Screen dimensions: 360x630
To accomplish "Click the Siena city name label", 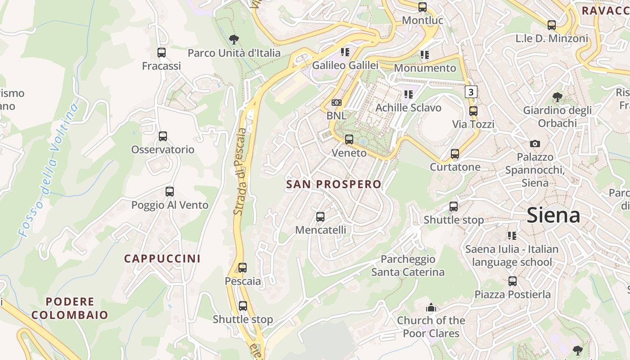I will click(x=553, y=215).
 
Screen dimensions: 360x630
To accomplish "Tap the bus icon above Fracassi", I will click(x=162, y=53).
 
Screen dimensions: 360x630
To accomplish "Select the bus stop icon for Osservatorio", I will click(x=163, y=136).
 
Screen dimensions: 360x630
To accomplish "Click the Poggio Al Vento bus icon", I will click(x=170, y=192).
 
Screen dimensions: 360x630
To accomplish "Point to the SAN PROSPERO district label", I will click(x=333, y=184).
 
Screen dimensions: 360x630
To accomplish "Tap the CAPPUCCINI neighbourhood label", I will click(x=162, y=259).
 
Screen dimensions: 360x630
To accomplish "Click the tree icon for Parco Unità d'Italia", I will click(x=234, y=40).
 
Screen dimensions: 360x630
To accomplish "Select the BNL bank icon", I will click(x=336, y=103).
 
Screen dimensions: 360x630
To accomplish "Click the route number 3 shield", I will click(x=471, y=92).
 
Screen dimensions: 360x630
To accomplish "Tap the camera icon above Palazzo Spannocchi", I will click(x=535, y=144).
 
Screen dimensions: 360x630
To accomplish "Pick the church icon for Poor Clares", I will click(x=431, y=308).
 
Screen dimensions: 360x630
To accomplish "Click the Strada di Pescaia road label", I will click(x=241, y=171).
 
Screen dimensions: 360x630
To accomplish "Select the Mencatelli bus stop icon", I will click(x=320, y=217).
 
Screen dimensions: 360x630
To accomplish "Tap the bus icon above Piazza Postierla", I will click(x=512, y=282).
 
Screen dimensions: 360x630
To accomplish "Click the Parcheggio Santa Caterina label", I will click(x=408, y=265).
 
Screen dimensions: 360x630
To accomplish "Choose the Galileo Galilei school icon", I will click(x=345, y=52).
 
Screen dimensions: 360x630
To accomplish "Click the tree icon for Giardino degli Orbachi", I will click(x=557, y=97).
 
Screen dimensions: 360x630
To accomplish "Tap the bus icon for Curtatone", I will click(x=455, y=154).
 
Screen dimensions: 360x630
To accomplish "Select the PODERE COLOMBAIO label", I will click(x=70, y=308).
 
